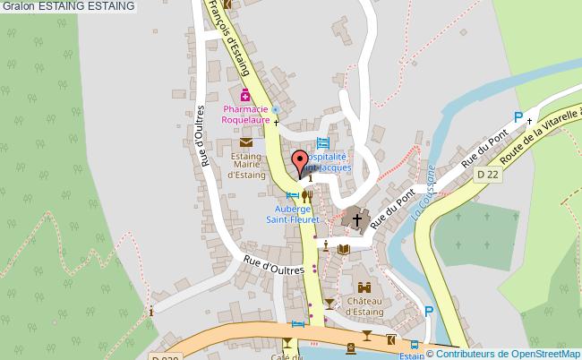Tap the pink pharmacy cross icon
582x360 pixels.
pyautogui.click(x=244, y=95)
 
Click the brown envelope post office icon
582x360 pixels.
pyautogui.click(x=246, y=141)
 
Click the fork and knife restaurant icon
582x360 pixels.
pyautogui.click(x=307, y=195)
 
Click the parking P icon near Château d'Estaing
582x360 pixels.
pyautogui.click(x=429, y=312)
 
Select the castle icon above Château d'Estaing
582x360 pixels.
pyautogui.click(x=364, y=288)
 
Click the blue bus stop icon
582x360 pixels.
pyautogui.click(x=414, y=345)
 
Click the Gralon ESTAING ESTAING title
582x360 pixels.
pyautogui.click(x=69, y=6)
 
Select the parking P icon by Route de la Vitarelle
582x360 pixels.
pyautogui.click(x=518, y=116)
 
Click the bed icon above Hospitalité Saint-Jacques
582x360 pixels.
pyautogui.click(x=323, y=142)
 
